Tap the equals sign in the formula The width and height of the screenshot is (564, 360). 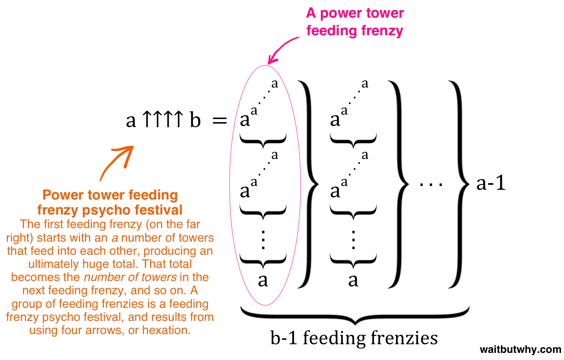(x=220, y=121)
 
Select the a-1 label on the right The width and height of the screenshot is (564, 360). (x=491, y=183)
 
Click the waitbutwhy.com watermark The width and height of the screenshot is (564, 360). (x=520, y=349)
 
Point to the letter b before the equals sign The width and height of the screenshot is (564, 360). (x=195, y=120)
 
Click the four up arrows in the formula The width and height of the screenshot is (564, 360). (x=163, y=119)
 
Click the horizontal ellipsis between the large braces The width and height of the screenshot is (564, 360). (x=431, y=184)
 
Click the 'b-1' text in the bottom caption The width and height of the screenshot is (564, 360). (x=284, y=338)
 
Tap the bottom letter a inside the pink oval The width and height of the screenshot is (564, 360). (x=263, y=280)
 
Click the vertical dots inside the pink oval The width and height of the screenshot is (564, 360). (x=263, y=239)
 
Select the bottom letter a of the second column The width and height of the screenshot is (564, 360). (x=353, y=280)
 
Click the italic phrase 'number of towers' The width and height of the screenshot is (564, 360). (x=130, y=277)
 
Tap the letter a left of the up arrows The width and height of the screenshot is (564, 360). (x=131, y=121)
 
